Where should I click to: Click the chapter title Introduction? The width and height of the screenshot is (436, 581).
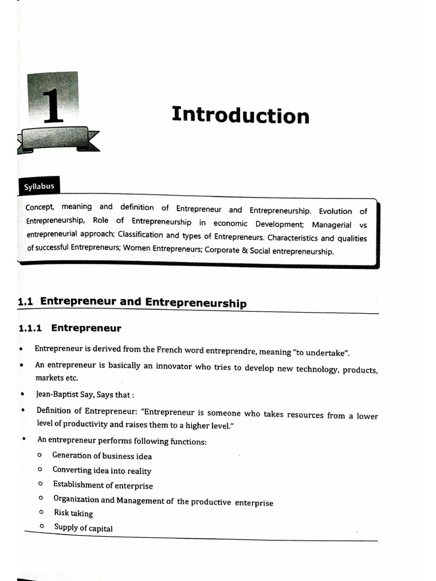point(240,115)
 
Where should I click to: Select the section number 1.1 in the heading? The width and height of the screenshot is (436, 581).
point(26,302)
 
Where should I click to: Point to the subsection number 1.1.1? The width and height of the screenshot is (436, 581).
point(32,328)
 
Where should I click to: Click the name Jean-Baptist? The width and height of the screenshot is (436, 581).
point(61,394)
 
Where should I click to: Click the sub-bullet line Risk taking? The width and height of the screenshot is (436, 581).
point(73,513)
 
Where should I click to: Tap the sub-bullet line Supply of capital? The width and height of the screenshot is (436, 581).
point(83,528)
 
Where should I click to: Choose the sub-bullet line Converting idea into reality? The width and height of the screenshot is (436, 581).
point(102,470)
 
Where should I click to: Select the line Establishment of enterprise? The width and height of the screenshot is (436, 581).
point(103,485)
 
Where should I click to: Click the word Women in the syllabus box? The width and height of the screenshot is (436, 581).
point(137,248)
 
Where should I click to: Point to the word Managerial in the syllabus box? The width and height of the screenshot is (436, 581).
point(332,225)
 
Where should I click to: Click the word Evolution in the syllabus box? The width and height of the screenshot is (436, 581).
point(335,211)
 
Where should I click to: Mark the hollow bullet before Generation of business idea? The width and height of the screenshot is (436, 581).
point(39,455)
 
